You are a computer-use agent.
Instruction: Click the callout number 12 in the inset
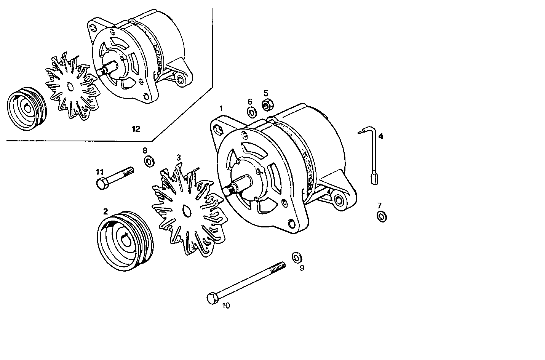click(136, 129)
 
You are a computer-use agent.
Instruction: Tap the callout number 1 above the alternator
click(221, 109)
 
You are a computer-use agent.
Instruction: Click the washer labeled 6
click(251, 113)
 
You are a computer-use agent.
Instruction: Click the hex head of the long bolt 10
click(212, 298)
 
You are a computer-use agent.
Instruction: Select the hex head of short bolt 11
click(101, 184)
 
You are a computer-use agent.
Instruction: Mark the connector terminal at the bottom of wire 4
click(374, 179)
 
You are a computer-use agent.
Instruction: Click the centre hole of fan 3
click(186, 211)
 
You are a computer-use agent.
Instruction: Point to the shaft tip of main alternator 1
click(229, 189)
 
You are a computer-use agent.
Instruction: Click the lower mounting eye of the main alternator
click(338, 199)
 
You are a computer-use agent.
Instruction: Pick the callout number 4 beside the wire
click(381, 136)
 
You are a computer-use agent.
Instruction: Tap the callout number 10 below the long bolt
click(226, 306)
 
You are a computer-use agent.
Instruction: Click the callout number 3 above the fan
click(178, 157)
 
